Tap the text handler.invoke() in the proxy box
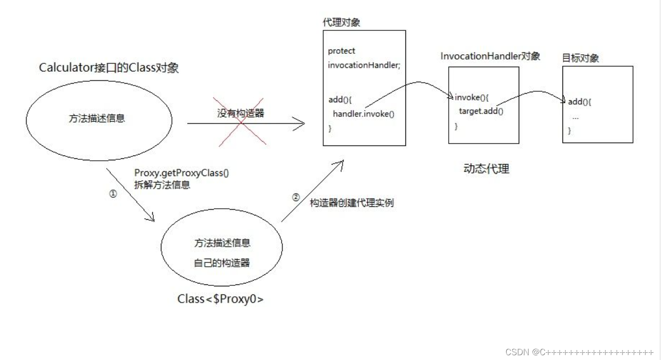pos(364,114)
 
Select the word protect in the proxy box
pos(341,51)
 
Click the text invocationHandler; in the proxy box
pos(364,65)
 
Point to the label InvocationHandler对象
pos(490,56)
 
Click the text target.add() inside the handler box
pos(481,112)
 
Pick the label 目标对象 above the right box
pos(580,58)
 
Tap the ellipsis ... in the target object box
pos(575,117)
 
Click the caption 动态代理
pos(486,169)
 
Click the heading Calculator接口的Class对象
pos(109,68)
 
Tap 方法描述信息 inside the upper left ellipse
pos(97,119)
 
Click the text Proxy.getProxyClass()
pos(181,173)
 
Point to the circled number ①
pos(113,194)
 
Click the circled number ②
pos(296,197)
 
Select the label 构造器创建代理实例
pos(352,203)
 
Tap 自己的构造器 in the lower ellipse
pos(222,263)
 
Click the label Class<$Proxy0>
pos(220,300)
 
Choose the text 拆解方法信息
pos(162,185)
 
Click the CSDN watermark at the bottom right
pos(579,352)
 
